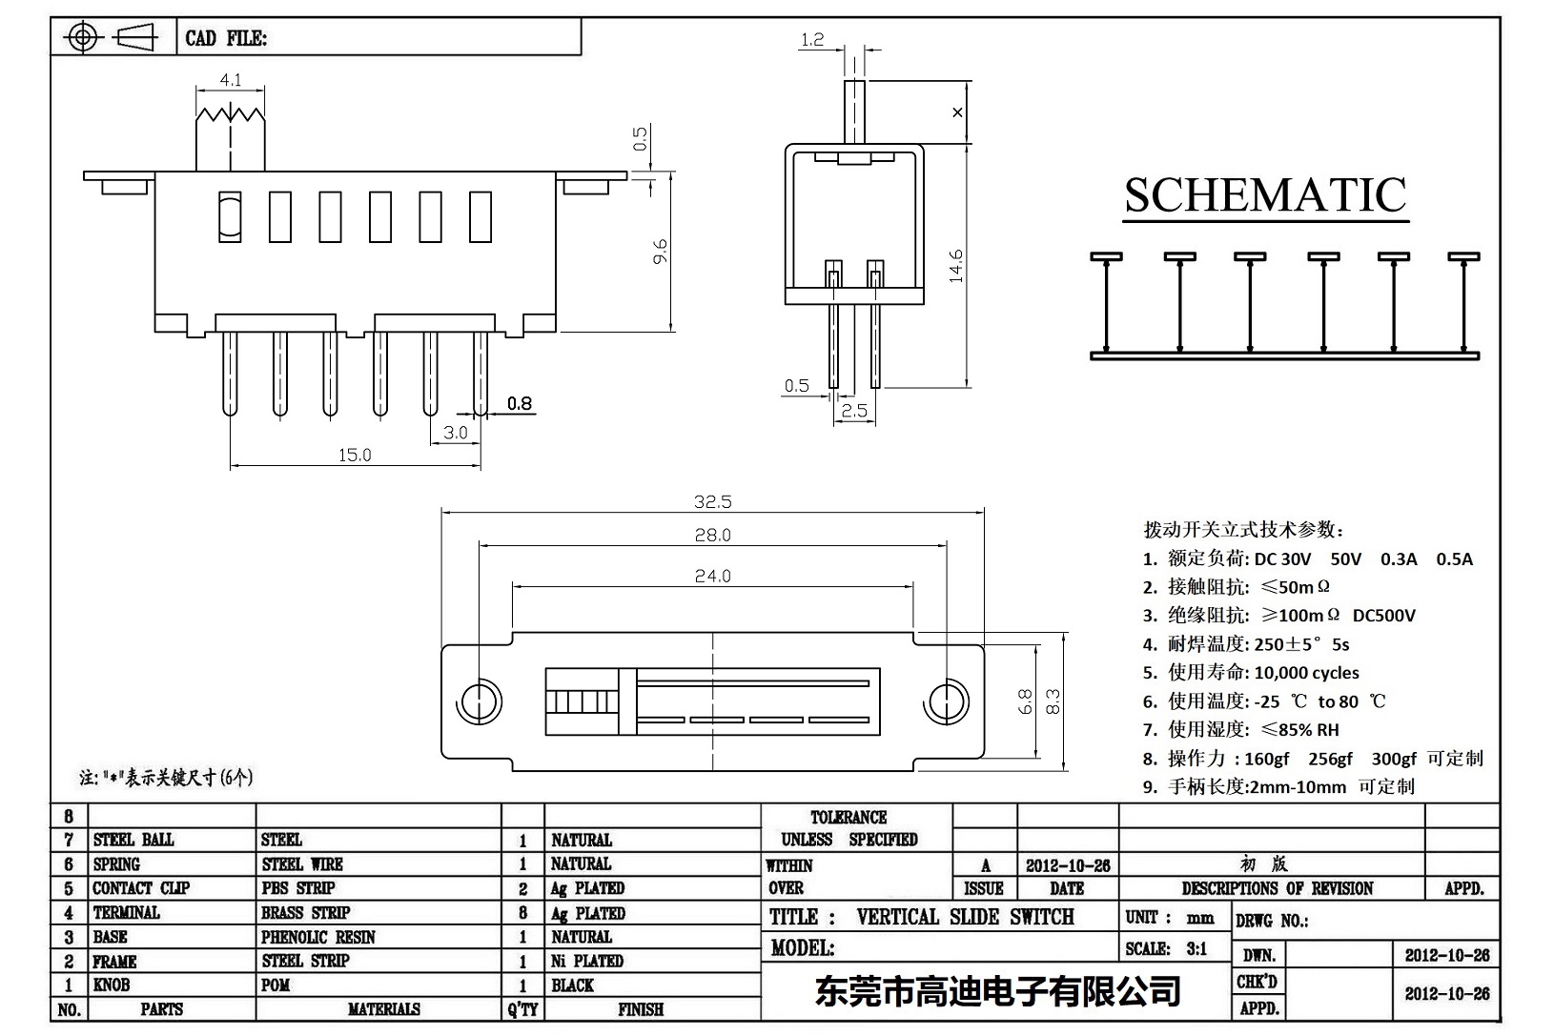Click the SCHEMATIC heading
click(x=1264, y=196)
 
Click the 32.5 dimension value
click(x=713, y=502)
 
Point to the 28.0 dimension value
click(x=713, y=536)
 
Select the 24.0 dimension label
click(x=713, y=576)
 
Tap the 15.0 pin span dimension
click(x=355, y=456)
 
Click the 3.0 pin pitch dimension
click(x=456, y=433)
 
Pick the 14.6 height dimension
click(x=956, y=266)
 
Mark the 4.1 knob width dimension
click(x=230, y=82)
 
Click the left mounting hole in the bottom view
click(x=480, y=701)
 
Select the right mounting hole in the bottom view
click(x=947, y=701)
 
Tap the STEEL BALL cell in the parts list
click(x=133, y=840)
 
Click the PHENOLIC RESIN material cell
click(x=318, y=937)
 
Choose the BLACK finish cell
click(x=572, y=985)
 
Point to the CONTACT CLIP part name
click(x=141, y=888)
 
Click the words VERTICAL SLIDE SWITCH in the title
click(x=965, y=917)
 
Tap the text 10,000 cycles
click(x=1306, y=673)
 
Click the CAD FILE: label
click(x=226, y=38)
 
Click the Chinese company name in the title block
click(x=998, y=991)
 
